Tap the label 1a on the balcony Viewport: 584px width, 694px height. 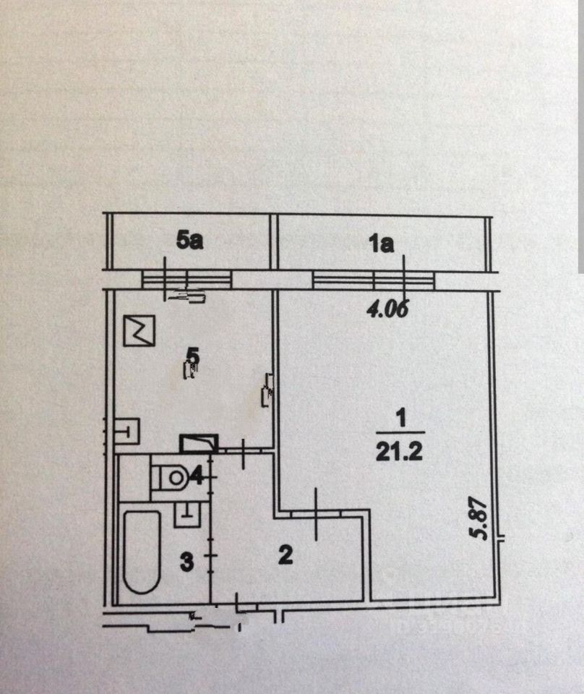click(381, 244)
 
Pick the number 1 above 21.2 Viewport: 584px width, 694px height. click(400, 419)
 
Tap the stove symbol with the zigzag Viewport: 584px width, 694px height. click(140, 330)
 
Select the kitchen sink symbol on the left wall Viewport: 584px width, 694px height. click(129, 432)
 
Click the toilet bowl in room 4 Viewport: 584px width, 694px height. click(172, 476)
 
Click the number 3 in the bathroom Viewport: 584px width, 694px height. click(186, 562)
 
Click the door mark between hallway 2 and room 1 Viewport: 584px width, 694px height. click(317, 514)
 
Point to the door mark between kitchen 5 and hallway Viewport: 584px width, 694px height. click(244, 451)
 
